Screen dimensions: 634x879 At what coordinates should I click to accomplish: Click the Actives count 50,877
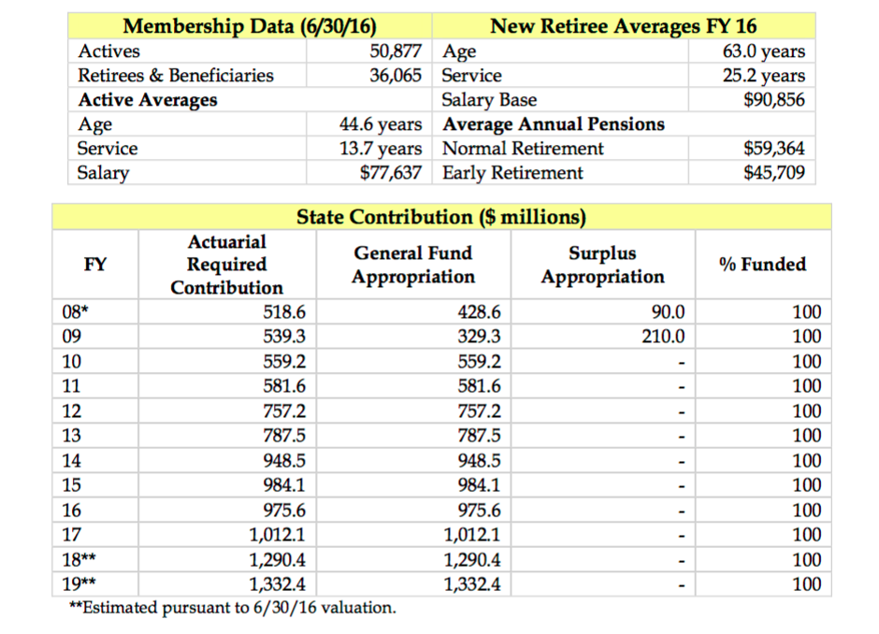[396, 51]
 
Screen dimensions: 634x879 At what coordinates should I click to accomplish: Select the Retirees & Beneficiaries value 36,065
[396, 76]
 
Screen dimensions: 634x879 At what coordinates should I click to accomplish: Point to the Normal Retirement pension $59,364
[773, 149]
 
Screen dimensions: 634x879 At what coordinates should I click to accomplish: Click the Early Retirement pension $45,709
[773, 173]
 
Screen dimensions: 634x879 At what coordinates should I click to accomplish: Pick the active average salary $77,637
[391, 173]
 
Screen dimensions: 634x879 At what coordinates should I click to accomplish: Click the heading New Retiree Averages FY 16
[624, 26]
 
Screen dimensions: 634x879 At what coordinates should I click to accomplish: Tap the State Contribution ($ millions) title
[441, 217]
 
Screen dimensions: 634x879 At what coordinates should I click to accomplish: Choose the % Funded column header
[762, 265]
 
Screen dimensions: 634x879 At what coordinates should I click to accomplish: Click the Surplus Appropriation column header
[602, 265]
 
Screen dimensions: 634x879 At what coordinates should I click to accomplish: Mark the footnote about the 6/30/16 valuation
[233, 608]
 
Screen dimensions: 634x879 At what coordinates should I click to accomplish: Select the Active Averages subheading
[148, 100]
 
